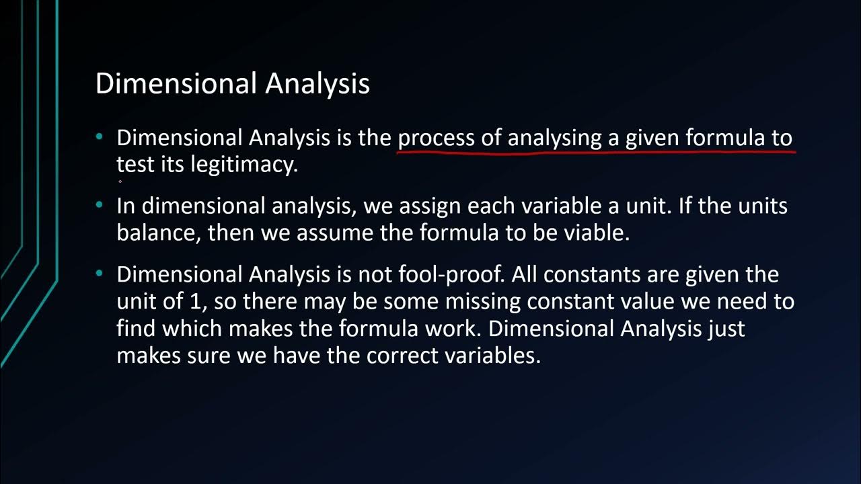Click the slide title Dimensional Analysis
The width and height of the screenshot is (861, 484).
point(232,84)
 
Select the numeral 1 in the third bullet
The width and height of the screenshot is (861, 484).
point(196,301)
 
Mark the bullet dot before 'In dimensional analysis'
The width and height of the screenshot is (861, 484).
point(100,205)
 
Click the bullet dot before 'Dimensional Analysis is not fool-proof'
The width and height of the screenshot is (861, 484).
point(100,274)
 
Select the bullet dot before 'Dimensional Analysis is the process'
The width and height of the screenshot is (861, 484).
point(100,137)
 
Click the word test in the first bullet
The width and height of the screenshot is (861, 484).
point(136,165)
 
